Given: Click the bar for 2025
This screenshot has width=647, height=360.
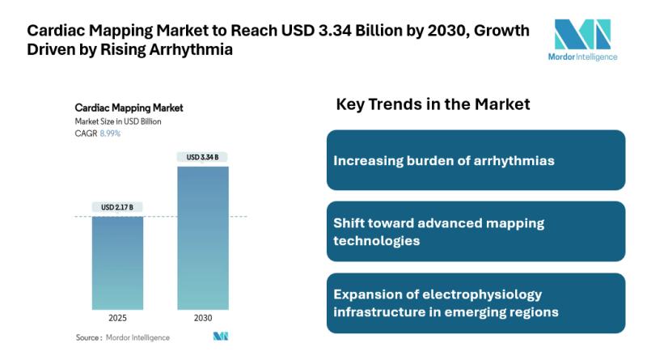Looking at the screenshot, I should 117,262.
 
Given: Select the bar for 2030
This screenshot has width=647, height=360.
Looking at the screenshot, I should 203,238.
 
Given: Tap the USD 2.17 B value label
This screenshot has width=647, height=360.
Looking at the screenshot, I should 117,208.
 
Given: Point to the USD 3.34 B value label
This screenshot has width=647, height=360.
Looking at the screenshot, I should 203,157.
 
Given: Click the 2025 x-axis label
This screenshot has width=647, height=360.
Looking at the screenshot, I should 117,317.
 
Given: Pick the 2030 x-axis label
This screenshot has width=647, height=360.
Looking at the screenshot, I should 203,317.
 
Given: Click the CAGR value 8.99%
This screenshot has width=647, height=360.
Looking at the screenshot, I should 109,133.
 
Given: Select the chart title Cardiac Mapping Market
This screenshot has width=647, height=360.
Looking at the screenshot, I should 129,108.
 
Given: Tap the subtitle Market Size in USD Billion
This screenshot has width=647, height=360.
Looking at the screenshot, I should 118,121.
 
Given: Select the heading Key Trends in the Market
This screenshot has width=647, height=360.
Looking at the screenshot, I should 433,104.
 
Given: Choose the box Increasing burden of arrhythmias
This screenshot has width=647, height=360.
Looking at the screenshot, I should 476,160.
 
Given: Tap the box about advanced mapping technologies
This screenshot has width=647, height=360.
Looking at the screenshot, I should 476,231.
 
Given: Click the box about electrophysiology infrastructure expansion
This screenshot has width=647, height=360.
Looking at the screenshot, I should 476,303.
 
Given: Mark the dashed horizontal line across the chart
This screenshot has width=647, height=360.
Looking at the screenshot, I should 162,217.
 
